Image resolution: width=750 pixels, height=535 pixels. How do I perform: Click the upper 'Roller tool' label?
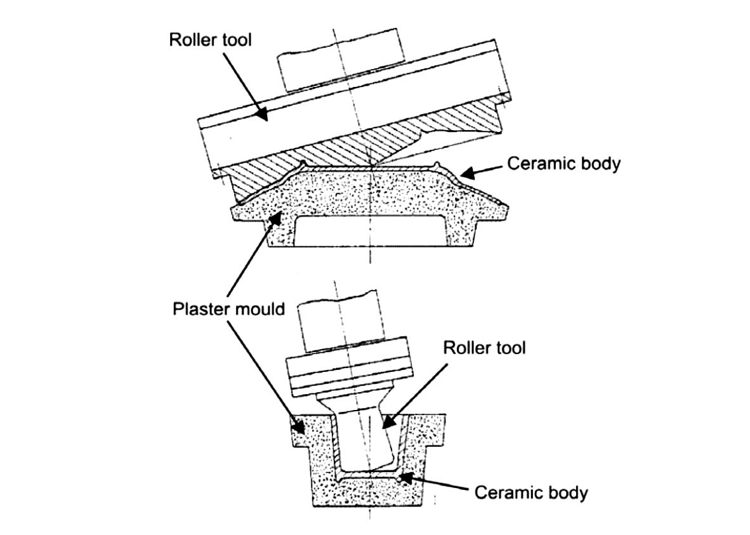tap(210, 39)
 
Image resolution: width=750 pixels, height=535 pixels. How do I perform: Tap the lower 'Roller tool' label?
tap(484, 348)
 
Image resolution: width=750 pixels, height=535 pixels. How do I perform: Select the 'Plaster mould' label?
tap(228, 310)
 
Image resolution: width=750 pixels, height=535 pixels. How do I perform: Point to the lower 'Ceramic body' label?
tap(531, 492)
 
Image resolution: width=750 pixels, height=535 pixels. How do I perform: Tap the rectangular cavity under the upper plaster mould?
tap(368, 232)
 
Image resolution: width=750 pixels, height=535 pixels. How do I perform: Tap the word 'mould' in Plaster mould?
tap(262, 310)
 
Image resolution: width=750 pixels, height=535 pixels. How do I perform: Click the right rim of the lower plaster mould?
tap(434, 431)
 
